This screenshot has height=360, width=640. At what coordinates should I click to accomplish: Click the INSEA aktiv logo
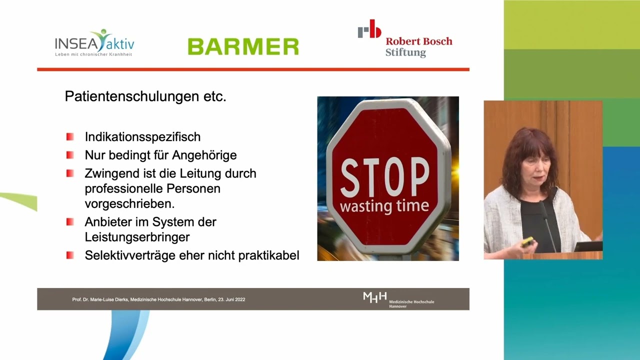(x=94, y=43)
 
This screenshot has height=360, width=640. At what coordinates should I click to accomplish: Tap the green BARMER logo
(x=243, y=46)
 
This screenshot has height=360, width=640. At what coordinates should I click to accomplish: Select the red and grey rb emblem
(x=369, y=29)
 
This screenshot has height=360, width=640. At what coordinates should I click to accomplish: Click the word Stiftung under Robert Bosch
(x=405, y=52)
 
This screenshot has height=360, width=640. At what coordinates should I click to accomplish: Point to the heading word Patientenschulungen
(x=132, y=96)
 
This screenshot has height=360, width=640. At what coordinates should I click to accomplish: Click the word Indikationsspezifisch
(x=142, y=137)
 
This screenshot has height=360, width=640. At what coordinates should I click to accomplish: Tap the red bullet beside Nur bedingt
(x=70, y=155)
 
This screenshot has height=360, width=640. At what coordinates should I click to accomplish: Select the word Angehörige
(x=204, y=155)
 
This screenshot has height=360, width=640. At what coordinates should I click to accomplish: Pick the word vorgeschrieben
(x=129, y=204)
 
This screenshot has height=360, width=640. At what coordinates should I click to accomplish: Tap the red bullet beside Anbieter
(x=70, y=222)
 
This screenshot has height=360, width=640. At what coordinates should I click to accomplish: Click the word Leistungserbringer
(x=137, y=237)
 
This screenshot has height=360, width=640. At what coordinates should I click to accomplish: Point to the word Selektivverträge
(x=130, y=255)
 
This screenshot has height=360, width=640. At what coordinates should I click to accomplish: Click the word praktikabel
(x=268, y=255)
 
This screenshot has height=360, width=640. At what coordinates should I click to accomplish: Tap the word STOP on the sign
(x=385, y=177)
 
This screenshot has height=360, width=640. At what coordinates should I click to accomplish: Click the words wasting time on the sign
(x=384, y=206)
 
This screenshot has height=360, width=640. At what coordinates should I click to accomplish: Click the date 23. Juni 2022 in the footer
(x=231, y=299)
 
